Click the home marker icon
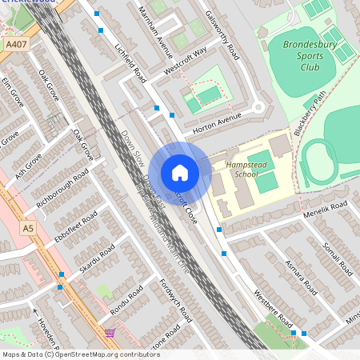tap(180, 173)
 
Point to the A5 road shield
tap(29, 229)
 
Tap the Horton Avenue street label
tap(217, 120)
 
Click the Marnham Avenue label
tap(155, 40)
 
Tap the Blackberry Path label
tap(310, 113)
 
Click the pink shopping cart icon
tap(110, 332)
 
